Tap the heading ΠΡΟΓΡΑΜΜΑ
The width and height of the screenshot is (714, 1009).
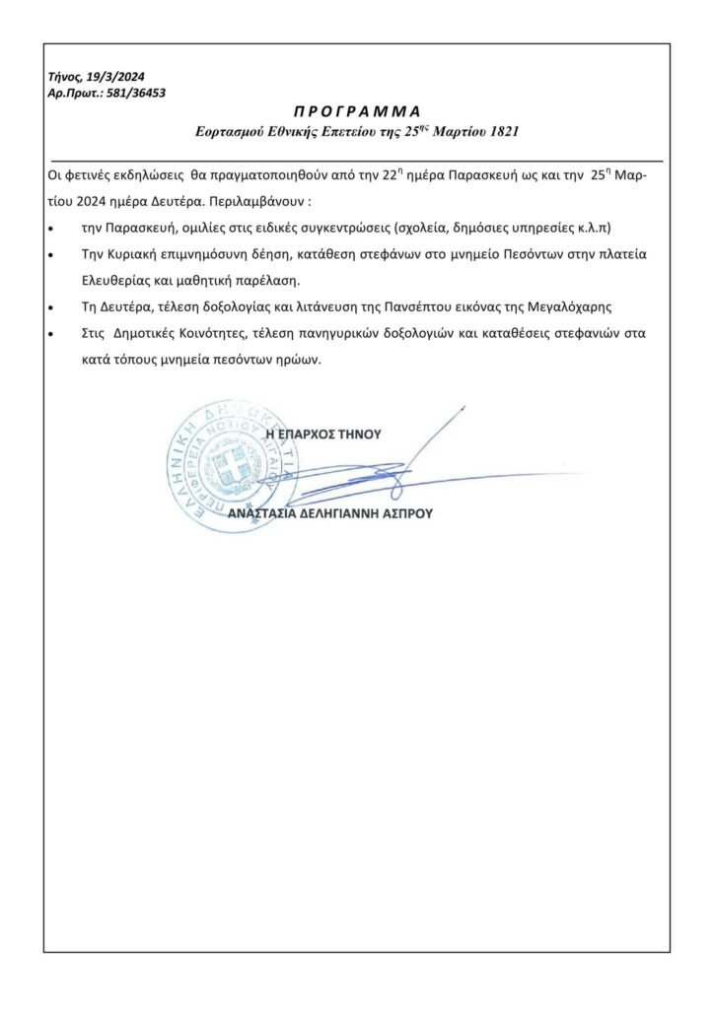(356, 110)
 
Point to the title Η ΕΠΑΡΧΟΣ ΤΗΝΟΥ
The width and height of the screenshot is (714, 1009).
(323, 433)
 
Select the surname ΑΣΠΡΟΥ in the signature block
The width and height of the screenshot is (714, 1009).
(401, 513)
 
